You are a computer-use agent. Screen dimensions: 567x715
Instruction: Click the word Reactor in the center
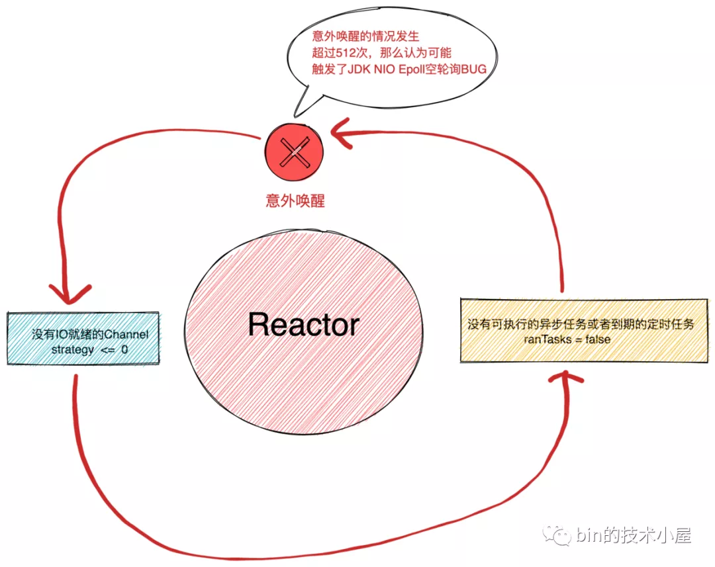tap(304, 324)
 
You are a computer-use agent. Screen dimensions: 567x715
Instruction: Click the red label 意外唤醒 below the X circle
tap(295, 200)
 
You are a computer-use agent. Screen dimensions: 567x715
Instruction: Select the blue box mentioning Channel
tap(83, 337)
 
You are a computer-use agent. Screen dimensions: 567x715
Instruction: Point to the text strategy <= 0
tap(90, 350)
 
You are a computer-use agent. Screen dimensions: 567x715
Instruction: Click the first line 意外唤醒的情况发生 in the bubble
tap(365, 36)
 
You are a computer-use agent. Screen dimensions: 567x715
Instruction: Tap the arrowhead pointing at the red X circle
tap(344, 130)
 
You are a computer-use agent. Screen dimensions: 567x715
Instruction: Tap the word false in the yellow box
tap(594, 339)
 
